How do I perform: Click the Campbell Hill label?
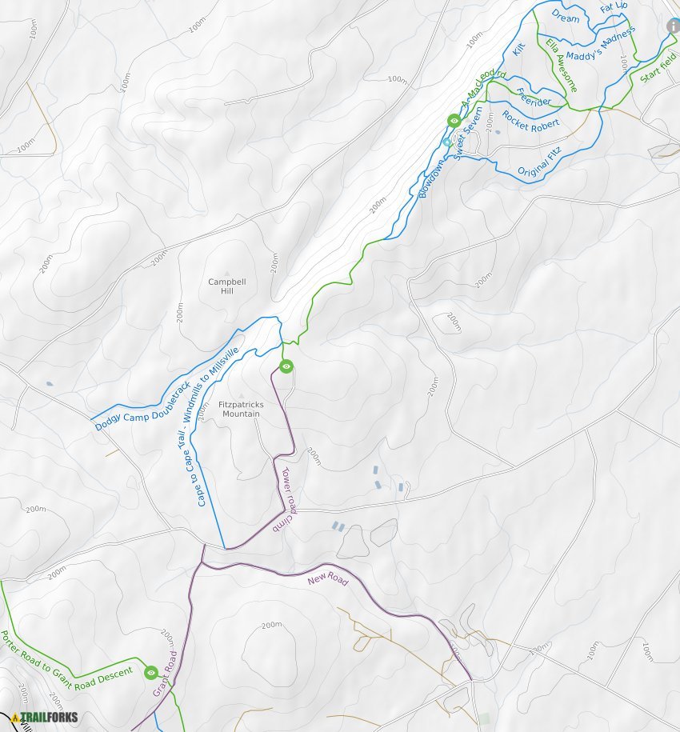(x=226, y=286)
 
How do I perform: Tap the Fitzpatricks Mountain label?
(x=241, y=409)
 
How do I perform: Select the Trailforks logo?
(x=45, y=718)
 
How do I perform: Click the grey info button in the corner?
(x=673, y=26)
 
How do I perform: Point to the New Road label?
(x=328, y=578)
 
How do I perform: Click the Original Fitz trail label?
(x=539, y=162)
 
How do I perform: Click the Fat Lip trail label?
(x=614, y=7)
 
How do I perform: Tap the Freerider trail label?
(x=534, y=97)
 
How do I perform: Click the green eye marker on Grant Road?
(x=151, y=673)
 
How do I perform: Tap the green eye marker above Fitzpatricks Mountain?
(x=286, y=366)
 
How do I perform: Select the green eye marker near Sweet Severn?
(x=454, y=121)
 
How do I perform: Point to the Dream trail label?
(x=566, y=18)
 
